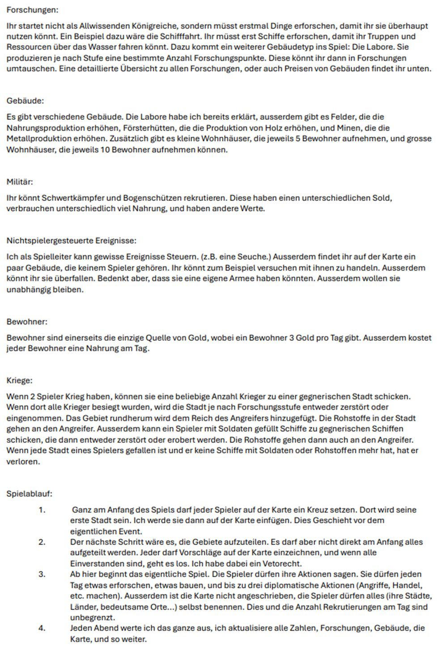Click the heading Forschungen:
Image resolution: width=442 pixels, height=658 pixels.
pyautogui.click(x=32, y=9)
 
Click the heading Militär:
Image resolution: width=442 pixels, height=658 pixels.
pyautogui.click(x=20, y=182)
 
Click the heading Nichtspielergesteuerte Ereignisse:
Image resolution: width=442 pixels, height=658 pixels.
pyautogui.click(x=71, y=241)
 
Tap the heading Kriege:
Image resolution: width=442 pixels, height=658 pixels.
pyautogui.click(x=19, y=381)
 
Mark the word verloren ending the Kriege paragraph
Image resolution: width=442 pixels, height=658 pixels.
pyautogui.click(x=23, y=462)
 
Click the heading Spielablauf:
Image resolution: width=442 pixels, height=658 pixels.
pyautogui.click(x=29, y=494)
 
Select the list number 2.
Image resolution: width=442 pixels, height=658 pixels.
pyautogui.click(x=42, y=542)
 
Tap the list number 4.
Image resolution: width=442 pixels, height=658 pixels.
pyautogui.click(x=42, y=628)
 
